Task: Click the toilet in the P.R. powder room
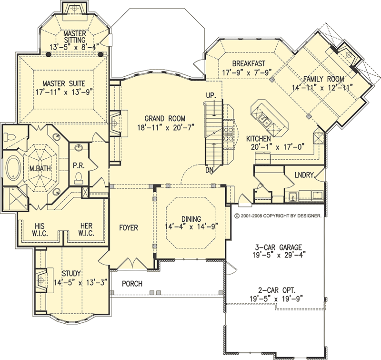point(80,177)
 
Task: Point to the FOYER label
point(128,228)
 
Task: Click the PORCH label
point(132,284)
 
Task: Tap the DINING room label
point(190,219)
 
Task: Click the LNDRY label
point(303,175)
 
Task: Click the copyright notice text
point(279,216)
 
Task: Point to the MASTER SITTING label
point(74,37)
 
